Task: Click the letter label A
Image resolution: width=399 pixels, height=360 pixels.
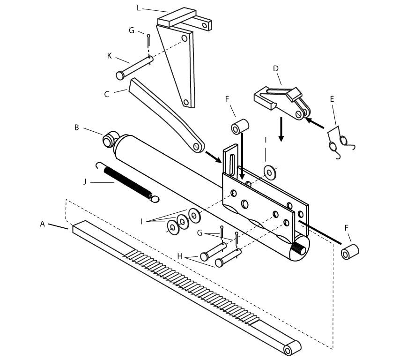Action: tap(43, 224)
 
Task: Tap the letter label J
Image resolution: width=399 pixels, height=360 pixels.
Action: tap(85, 181)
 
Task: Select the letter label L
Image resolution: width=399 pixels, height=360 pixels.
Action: tap(139, 7)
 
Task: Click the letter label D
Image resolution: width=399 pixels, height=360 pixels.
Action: tap(276, 68)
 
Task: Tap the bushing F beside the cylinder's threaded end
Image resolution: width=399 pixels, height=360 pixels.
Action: tap(350, 252)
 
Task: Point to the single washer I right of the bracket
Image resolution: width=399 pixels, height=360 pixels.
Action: tap(270, 172)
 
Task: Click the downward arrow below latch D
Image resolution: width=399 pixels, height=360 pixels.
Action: tap(281, 130)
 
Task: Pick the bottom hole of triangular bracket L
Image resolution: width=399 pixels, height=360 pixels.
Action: tap(186, 102)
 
